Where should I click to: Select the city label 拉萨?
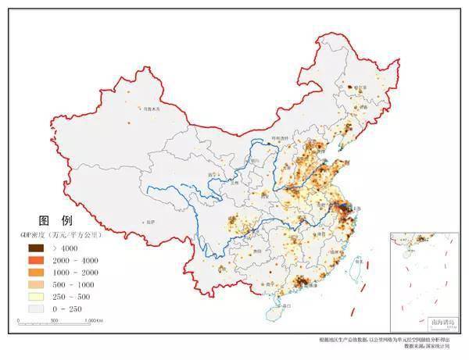pyautogui.click(x=149, y=223)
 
